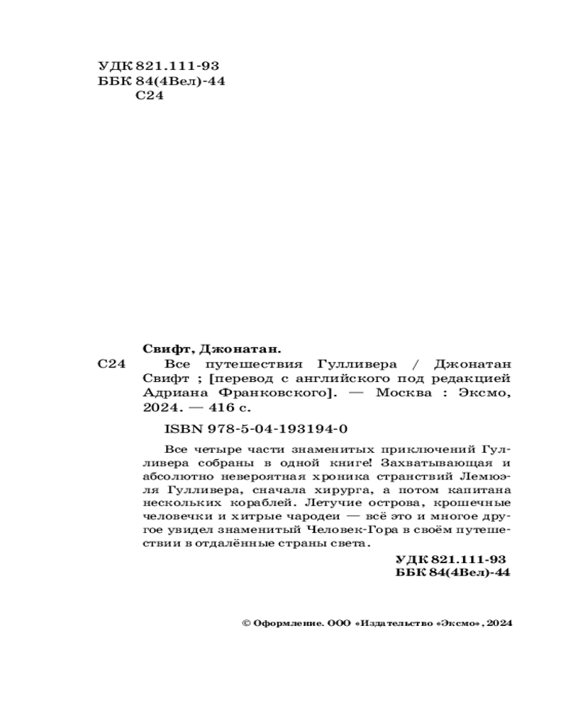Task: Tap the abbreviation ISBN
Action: click(x=181, y=427)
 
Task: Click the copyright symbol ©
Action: click(x=244, y=622)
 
